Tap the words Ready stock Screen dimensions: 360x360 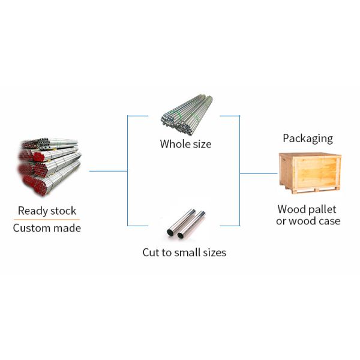click(x=47, y=211)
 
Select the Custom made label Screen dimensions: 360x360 click(x=47, y=228)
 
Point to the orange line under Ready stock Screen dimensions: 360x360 click(x=47, y=220)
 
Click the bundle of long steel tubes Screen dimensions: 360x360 click(x=187, y=115)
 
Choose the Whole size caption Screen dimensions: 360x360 click(x=185, y=144)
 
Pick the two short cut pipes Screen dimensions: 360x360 click(x=185, y=223)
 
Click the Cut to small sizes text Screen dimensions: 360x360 click(x=184, y=253)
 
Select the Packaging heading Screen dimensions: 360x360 click(x=308, y=139)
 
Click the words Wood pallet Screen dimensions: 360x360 click(x=307, y=209)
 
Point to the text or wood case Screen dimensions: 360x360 click(x=308, y=221)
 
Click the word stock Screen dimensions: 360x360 click(x=64, y=211)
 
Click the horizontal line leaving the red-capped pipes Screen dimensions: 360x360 click(x=108, y=171)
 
